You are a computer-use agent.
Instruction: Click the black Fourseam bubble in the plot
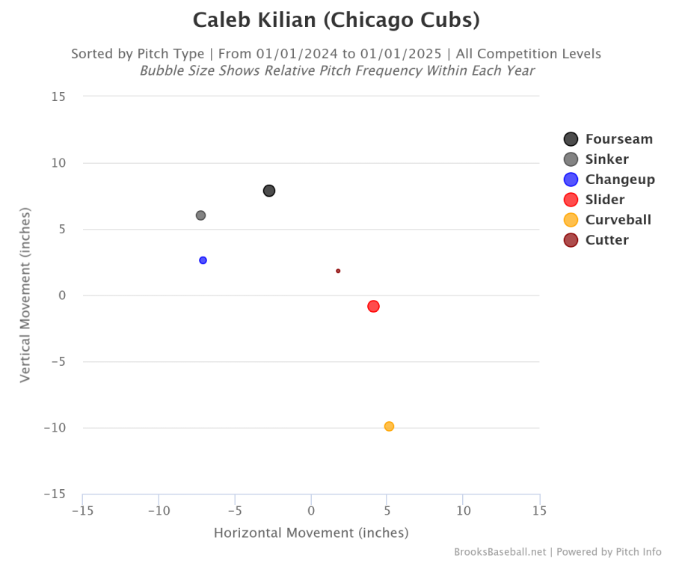[269, 191]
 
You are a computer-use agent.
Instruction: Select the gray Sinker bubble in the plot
[200, 215]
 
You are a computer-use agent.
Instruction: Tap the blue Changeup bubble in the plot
[203, 260]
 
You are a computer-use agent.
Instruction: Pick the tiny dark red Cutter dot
[338, 271]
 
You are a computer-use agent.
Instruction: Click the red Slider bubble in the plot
[373, 306]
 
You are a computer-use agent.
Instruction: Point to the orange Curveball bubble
[389, 426]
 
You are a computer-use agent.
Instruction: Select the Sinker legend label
[606, 159]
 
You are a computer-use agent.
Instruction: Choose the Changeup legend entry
[620, 180]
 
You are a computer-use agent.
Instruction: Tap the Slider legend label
[605, 200]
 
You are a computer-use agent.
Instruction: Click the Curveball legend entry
[618, 220]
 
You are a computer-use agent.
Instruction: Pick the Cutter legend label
[606, 240]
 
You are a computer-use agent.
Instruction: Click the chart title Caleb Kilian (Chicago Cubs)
[336, 20]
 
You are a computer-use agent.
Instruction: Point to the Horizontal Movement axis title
[311, 533]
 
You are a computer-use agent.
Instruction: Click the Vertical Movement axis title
[25, 295]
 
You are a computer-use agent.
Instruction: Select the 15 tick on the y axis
[58, 96]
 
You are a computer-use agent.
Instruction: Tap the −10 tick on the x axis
[159, 511]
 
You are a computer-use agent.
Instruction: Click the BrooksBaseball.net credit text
[500, 552]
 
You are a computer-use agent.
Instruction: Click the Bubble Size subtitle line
[336, 71]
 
